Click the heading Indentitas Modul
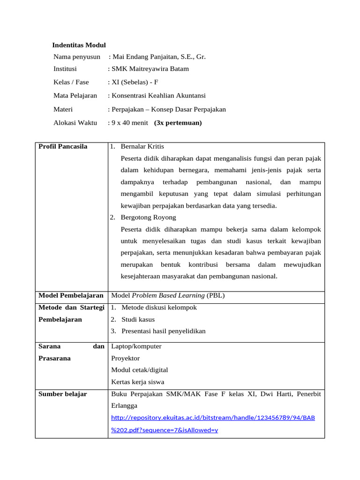[79, 45]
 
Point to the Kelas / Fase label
[71, 82]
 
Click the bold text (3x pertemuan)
[178, 123]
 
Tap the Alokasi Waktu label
[75, 123]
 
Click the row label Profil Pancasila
[63, 147]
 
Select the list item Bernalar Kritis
[142, 147]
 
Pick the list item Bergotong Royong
[148, 217]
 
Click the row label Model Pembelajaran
[71, 296]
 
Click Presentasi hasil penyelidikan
[163, 331]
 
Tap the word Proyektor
[125, 359]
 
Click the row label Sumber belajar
[63, 394]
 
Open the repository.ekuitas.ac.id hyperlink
[213, 418]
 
